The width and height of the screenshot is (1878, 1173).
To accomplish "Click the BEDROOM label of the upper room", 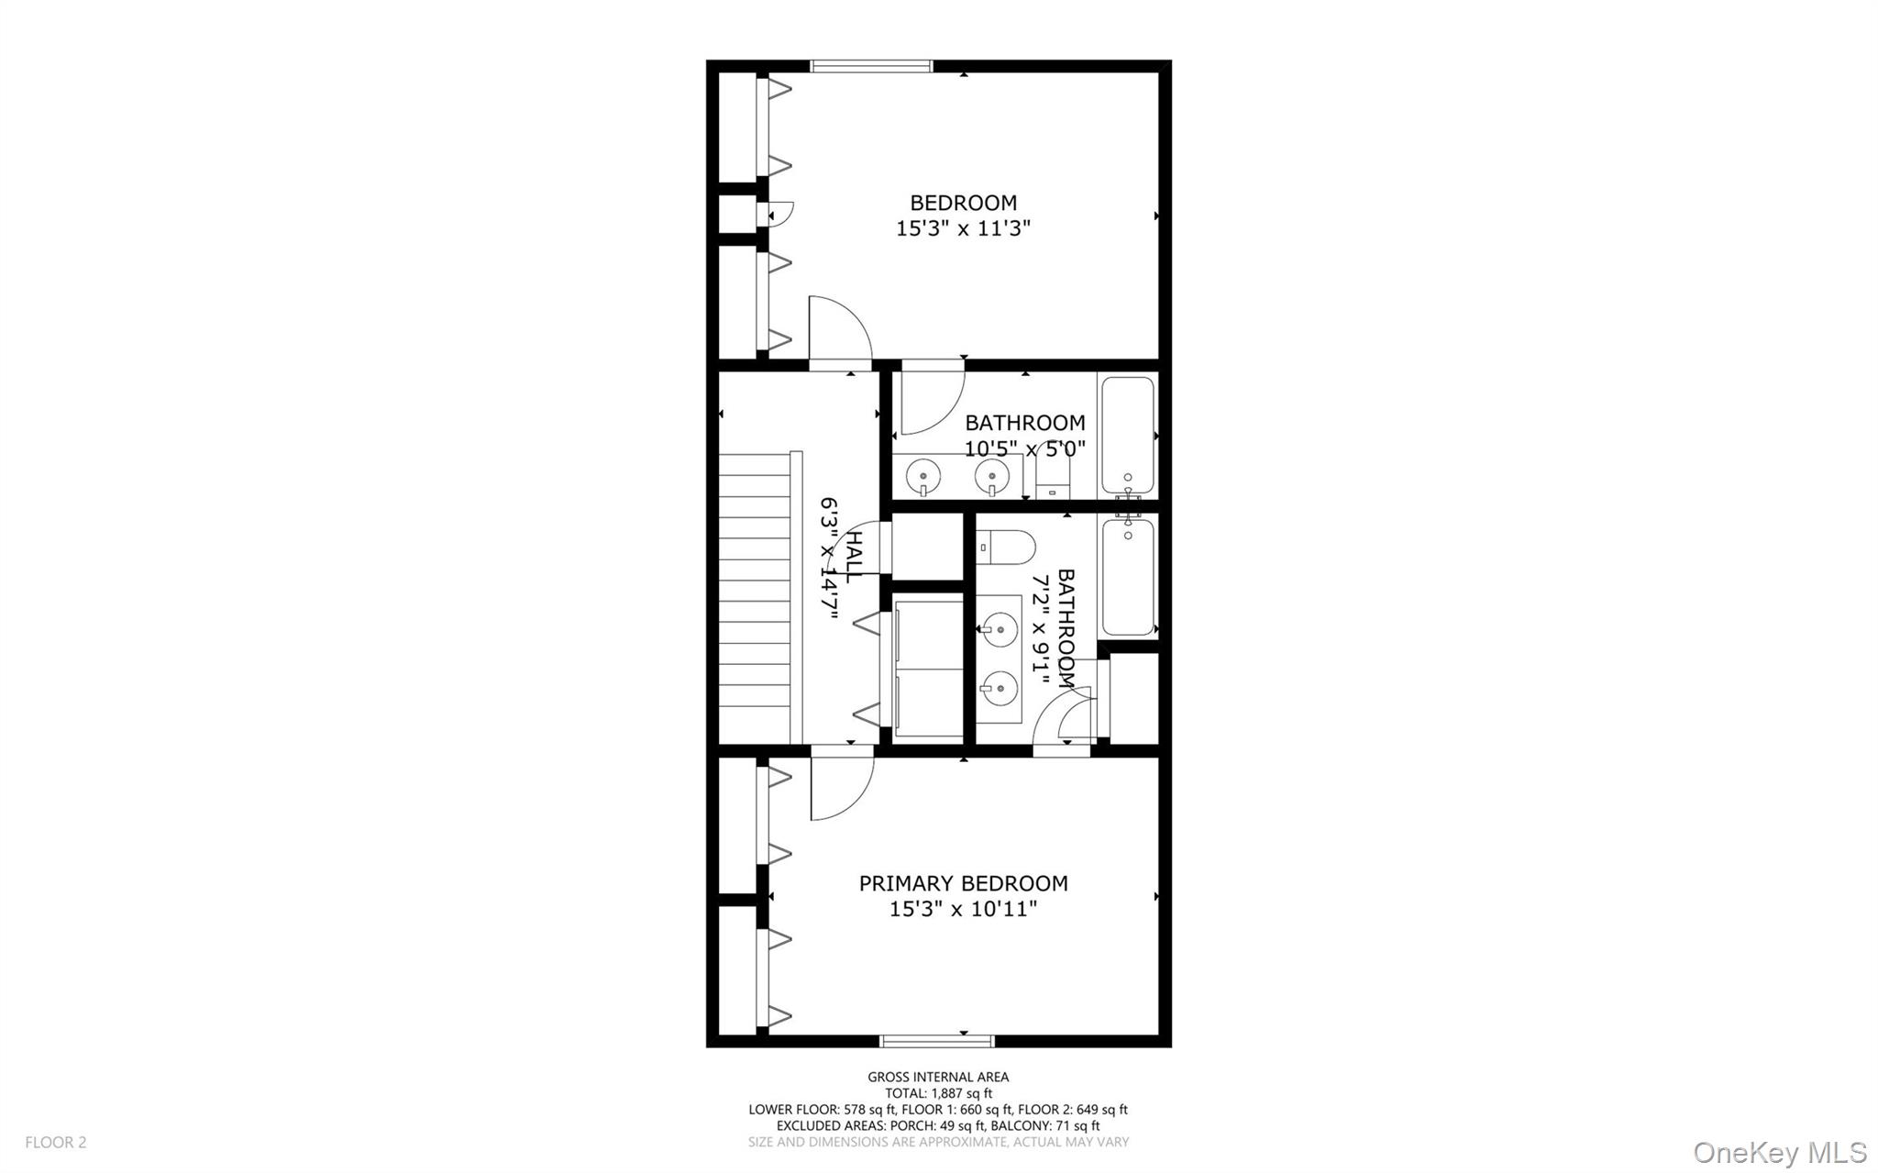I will click(x=963, y=203).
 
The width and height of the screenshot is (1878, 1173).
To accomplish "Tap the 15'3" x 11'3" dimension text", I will click(x=963, y=228).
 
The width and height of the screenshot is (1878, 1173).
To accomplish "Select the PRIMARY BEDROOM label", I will click(x=963, y=883).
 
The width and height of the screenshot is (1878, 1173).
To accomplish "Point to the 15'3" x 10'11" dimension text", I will click(x=963, y=909).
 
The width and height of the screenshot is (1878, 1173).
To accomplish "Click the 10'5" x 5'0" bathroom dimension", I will click(x=1024, y=448).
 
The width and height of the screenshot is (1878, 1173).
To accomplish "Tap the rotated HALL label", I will click(x=852, y=557).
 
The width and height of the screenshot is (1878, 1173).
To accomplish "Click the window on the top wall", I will click(x=871, y=66).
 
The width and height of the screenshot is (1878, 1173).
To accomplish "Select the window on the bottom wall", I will click(x=936, y=1040).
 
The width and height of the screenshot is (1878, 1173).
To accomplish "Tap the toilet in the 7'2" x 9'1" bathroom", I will click(x=1006, y=548).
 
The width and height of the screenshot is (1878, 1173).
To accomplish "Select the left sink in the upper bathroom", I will click(x=922, y=476).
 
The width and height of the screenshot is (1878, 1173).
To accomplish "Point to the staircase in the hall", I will click(x=754, y=596).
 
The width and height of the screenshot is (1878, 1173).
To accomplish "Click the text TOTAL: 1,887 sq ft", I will click(x=937, y=1093).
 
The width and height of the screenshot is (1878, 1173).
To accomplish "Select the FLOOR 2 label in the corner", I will click(x=55, y=1142).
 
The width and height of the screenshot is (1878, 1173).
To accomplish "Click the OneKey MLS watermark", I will click(x=1779, y=1152).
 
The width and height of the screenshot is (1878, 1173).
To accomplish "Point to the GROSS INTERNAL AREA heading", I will click(x=937, y=1077).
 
